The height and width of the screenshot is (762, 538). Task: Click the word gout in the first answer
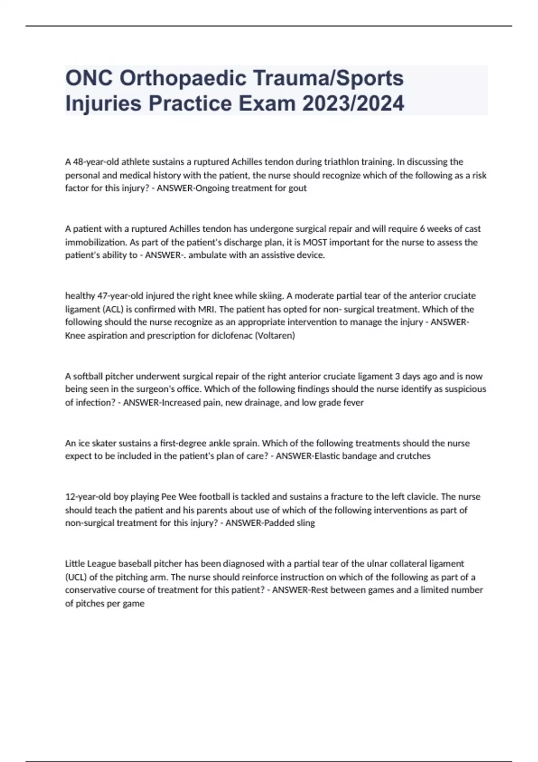(x=298, y=188)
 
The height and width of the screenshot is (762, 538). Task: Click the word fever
(x=354, y=403)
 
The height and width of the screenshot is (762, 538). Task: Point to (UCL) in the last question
(x=76, y=577)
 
